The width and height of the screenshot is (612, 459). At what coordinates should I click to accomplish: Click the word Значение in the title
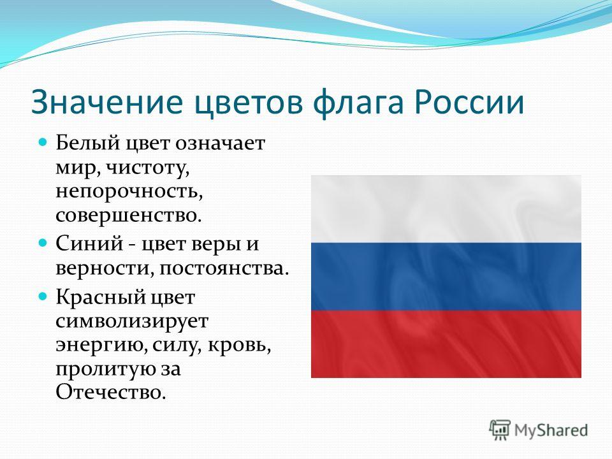click(106, 102)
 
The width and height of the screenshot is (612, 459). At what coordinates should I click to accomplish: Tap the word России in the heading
click(469, 102)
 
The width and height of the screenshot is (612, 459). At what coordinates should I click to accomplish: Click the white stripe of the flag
click(446, 209)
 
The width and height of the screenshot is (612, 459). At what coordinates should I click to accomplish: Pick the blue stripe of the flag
click(446, 276)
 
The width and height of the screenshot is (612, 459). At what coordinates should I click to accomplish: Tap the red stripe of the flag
click(446, 344)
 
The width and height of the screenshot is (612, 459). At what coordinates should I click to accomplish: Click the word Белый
click(87, 143)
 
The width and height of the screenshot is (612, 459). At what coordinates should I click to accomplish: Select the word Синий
click(89, 244)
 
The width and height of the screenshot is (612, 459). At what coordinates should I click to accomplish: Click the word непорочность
click(129, 193)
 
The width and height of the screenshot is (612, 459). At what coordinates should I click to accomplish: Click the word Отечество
click(111, 392)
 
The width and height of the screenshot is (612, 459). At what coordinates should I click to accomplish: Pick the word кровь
click(239, 346)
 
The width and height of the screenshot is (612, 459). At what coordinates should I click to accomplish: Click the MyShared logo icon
click(500, 430)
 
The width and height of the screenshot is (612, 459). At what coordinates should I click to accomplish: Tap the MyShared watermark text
click(551, 431)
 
